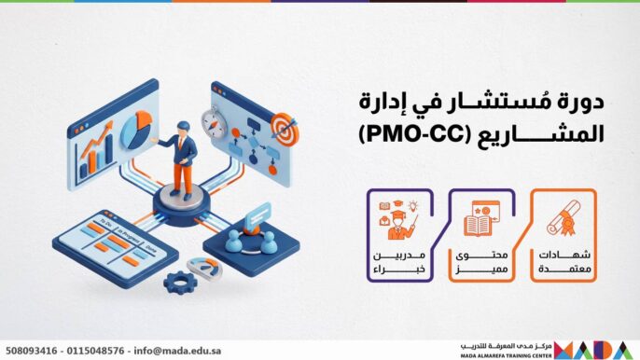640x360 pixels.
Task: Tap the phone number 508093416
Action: coord(29,349)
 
